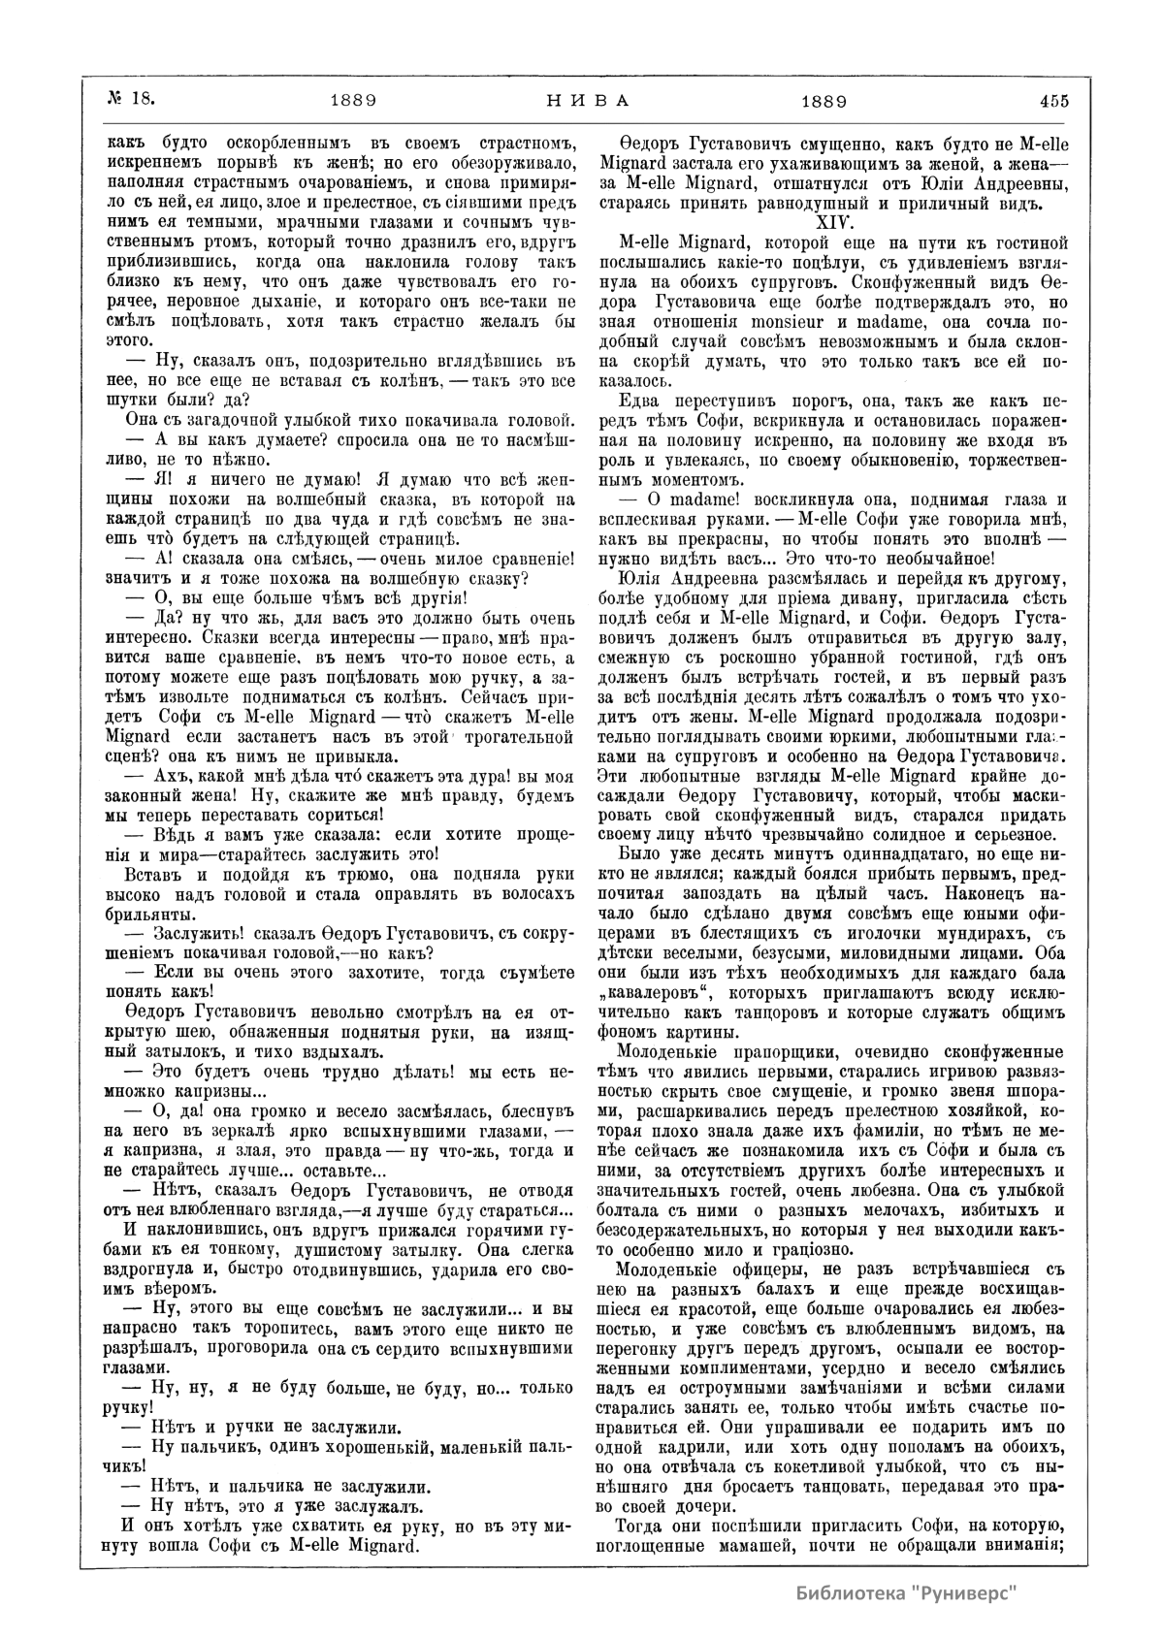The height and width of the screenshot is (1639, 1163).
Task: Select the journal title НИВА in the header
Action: point(582,99)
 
